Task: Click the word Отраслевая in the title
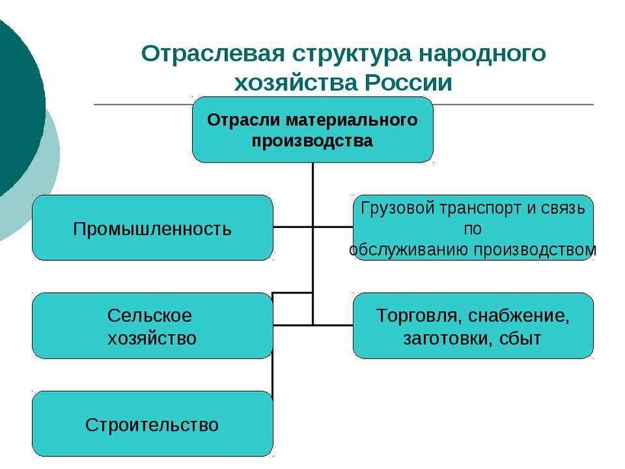(213, 53)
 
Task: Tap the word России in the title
(409, 83)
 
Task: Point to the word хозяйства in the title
(296, 83)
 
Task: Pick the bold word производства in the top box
(312, 141)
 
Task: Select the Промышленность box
(152, 228)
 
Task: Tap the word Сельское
(149, 316)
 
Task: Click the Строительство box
(152, 423)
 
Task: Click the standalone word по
(473, 230)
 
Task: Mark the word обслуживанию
(409, 250)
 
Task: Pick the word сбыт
(520, 338)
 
